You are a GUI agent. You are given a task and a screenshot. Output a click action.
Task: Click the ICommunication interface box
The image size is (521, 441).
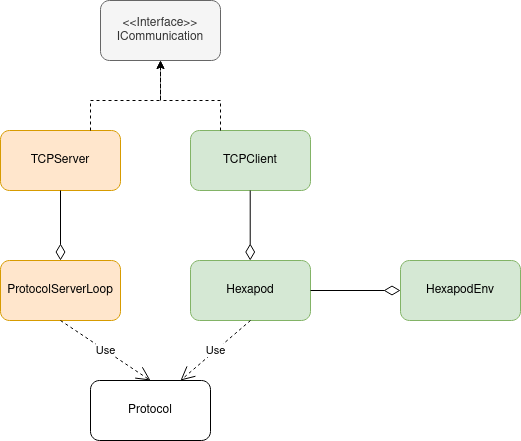[x=160, y=30]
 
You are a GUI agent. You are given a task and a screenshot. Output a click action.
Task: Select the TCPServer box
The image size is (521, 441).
[x=60, y=160]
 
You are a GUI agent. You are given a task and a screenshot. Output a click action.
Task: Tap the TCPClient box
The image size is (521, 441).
[x=250, y=160]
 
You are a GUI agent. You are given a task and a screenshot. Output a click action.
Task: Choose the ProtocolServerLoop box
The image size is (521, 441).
[x=60, y=290]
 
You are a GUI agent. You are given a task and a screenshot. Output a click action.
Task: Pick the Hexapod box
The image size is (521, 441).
[x=250, y=290]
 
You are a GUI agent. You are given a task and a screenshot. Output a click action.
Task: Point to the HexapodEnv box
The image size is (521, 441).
[x=460, y=290]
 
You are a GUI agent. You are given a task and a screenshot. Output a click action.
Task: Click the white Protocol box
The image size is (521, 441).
[x=150, y=410]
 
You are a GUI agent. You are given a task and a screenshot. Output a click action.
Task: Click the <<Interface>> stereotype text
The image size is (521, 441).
[x=160, y=22]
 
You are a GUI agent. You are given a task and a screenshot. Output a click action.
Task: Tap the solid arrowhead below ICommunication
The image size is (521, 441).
[x=160, y=65]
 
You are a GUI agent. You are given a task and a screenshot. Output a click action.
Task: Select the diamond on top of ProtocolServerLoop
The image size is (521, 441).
[x=60, y=252]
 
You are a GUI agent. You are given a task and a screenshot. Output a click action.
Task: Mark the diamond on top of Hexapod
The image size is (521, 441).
[x=250, y=252]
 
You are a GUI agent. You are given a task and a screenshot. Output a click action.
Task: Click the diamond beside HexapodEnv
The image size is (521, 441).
[x=392, y=290]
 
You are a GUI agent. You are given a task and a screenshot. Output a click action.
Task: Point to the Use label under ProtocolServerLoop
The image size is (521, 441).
[x=105, y=350]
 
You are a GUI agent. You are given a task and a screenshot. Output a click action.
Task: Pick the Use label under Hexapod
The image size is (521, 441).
[x=215, y=350]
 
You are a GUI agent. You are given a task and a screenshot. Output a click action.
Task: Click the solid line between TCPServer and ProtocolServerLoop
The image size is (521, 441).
[x=60, y=217]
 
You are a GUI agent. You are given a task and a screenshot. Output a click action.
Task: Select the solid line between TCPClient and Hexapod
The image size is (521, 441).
[x=250, y=217]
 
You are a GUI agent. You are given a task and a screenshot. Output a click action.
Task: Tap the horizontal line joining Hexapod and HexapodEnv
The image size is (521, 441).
[x=347, y=290]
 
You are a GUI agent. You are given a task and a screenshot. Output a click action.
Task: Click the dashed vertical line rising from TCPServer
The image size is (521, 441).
[x=90, y=115]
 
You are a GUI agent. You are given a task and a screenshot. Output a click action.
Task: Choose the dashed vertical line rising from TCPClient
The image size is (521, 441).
[x=220, y=115]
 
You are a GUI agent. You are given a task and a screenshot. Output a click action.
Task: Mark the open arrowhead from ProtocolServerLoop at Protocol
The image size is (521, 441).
[x=145, y=375]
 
